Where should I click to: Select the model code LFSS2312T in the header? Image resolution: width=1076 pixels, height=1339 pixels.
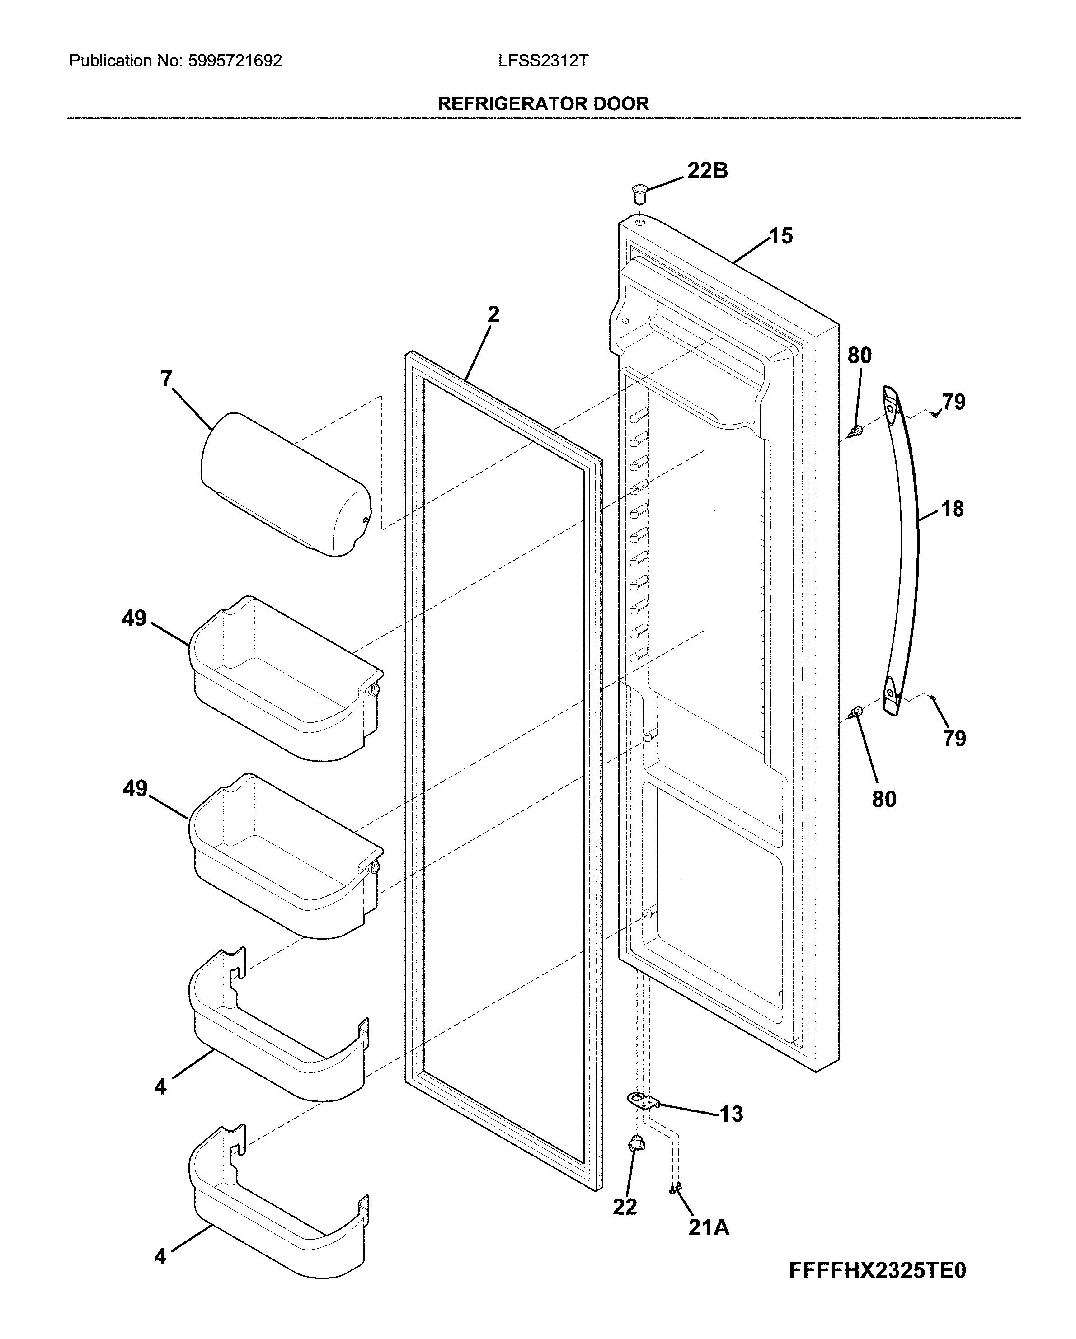tap(542, 61)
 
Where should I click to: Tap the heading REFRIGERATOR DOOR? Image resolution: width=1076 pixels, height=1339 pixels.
tap(543, 104)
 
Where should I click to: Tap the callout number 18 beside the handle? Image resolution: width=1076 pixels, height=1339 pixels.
tap(952, 509)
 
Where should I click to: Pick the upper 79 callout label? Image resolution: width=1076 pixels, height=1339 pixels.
tap(954, 403)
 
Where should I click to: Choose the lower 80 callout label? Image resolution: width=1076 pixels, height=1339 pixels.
tap(884, 799)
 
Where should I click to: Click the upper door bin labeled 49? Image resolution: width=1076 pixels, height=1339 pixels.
tap(286, 680)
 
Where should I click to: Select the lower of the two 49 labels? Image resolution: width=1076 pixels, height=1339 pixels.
tap(135, 789)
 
